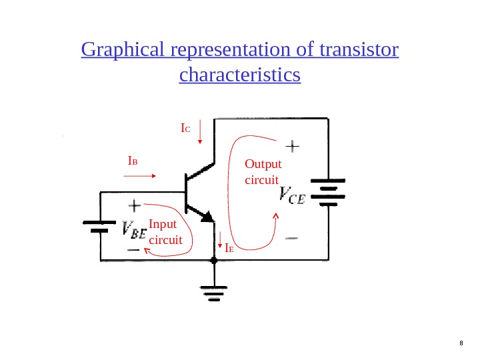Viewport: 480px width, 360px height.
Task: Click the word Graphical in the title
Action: [124, 51]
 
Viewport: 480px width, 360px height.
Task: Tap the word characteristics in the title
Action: [240, 75]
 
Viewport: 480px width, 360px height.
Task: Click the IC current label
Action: [185, 127]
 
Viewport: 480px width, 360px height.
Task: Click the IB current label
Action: [133, 161]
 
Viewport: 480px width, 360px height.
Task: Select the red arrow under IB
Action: [140, 176]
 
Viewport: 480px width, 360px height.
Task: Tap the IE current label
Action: [229, 248]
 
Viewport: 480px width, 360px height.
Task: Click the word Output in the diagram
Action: [263, 165]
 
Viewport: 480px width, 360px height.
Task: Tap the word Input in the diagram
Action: [163, 225]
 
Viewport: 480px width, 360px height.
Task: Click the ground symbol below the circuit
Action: [214, 292]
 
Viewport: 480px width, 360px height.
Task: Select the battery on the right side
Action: [328, 191]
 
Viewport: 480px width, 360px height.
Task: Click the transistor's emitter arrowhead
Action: [207, 216]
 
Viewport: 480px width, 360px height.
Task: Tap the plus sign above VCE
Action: [293, 145]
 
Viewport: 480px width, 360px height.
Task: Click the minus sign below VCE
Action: [292, 237]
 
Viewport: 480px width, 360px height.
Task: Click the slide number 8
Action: [461, 344]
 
